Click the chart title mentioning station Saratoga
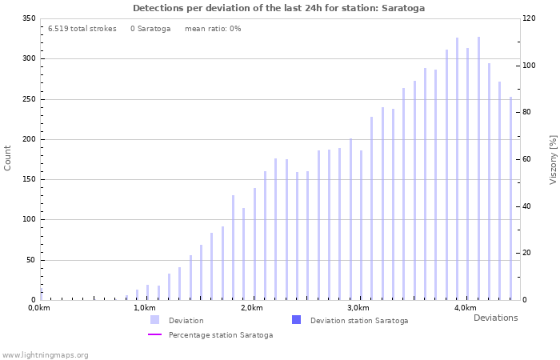pyautogui.click(x=278, y=8)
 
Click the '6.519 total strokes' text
pyautogui.click(x=82, y=29)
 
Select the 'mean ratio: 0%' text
pyautogui.click(x=213, y=29)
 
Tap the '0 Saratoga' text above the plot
pyautogui.click(x=150, y=29)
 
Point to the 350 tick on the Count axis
pyautogui.click(x=28, y=18)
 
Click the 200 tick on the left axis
pyautogui.click(x=28, y=139)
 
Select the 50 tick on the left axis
pyautogui.click(x=30, y=260)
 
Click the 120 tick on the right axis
pyautogui.click(x=529, y=18)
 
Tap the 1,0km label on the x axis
pyautogui.click(x=144, y=308)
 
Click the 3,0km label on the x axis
pyautogui.click(x=358, y=308)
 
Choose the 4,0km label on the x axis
pyautogui.click(x=465, y=308)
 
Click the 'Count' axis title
pyautogui.click(x=8, y=158)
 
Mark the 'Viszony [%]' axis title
pyautogui.click(x=552, y=159)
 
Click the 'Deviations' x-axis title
pyautogui.click(x=495, y=318)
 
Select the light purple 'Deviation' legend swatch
pyautogui.click(x=154, y=320)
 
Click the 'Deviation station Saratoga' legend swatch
pyautogui.click(x=296, y=320)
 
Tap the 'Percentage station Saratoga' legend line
pyautogui.click(x=154, y=335)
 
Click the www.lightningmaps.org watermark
pyautogui.click(x=45, y=354)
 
